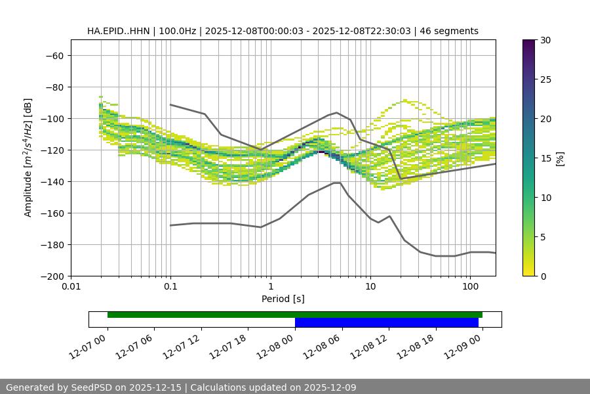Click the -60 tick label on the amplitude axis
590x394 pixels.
54,56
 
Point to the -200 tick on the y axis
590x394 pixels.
52,276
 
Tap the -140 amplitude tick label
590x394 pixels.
52,182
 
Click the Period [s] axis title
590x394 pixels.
283,299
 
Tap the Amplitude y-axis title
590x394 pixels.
28,158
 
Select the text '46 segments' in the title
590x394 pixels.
452,31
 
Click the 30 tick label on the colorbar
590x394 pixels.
544,40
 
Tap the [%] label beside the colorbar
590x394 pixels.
560,158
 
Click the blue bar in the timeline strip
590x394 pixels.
386,322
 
